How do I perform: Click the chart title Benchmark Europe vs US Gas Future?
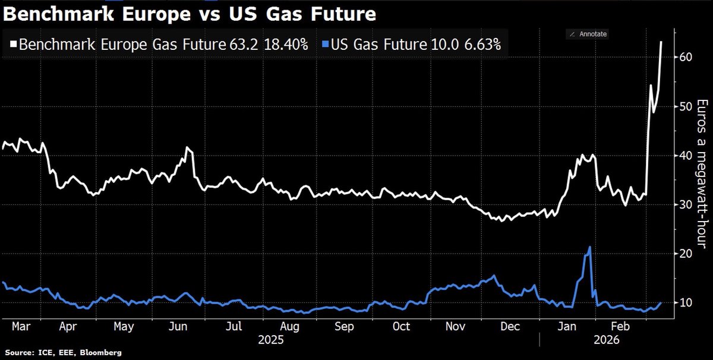point(190,14)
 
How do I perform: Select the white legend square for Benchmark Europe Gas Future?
point(14,43)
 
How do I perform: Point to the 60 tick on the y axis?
point(686,57)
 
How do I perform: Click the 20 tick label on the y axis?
point(686,254)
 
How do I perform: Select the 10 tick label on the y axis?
point(686,303)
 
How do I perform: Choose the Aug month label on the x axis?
point(290,326)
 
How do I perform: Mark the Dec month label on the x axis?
point(510,326)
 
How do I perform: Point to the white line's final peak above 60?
point(662,42)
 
